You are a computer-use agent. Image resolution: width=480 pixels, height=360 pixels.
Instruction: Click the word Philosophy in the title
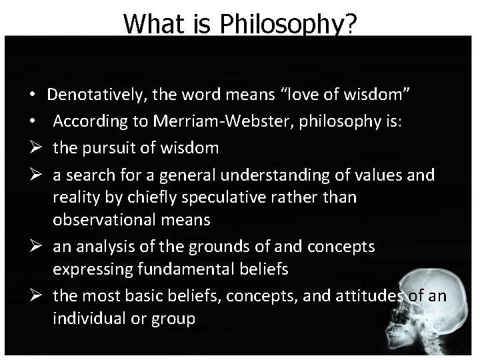[288, 24]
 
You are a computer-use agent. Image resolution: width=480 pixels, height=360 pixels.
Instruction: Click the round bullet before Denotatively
[33, 96]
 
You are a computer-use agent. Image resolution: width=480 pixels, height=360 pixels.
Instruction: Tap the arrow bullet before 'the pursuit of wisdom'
[33, 148]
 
